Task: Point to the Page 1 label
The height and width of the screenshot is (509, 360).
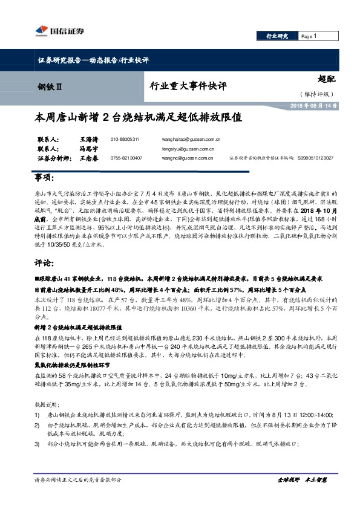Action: click(x=310, y=37)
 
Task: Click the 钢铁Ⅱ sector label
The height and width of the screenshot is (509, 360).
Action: click(x=50, y=86)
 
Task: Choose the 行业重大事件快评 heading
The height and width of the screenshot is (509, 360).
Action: click(x=188, y=86)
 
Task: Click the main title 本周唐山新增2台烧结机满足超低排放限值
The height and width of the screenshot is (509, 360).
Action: click(x=139, y=117)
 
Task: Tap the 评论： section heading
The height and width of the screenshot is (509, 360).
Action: click(x=45, y=264)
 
